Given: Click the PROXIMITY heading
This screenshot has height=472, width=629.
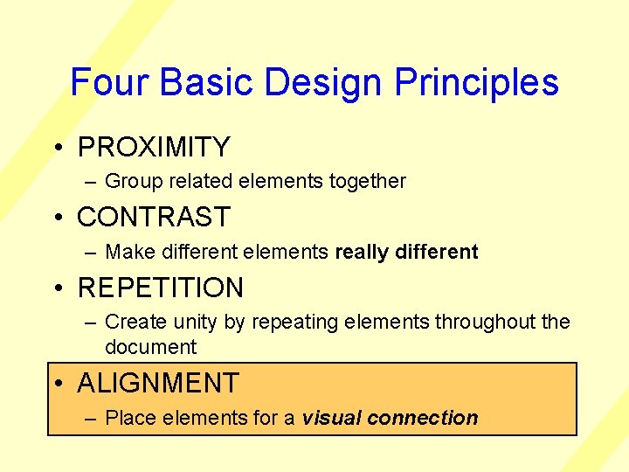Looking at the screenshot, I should [154, 147].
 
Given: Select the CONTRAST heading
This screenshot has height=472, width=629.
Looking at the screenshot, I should [154, 217].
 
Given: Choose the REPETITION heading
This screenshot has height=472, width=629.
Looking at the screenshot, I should [161, 288].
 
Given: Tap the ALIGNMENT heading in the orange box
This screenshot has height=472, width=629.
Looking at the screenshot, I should [158, 383].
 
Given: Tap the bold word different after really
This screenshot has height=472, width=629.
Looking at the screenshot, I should [437, 252].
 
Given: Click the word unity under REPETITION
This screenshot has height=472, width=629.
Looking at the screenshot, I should [196, 323].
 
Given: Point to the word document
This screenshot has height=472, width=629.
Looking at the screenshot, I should [150, 347].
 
